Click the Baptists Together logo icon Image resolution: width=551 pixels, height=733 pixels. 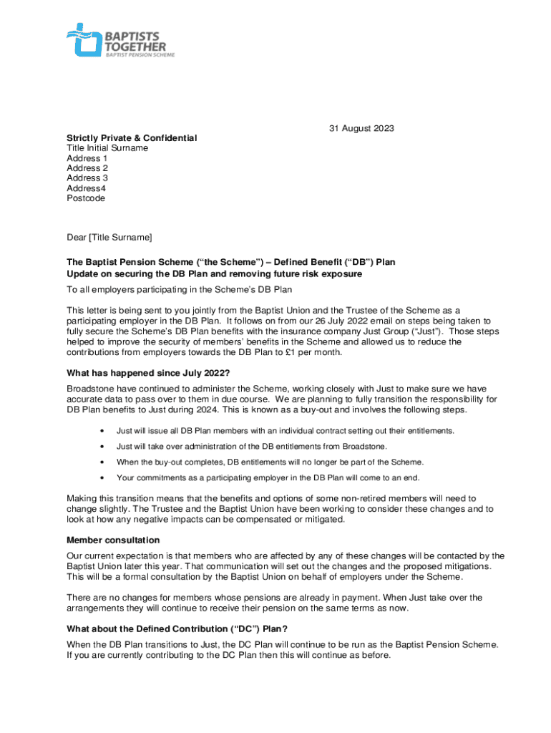[84, 39]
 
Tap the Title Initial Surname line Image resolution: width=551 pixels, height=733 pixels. [107, 148]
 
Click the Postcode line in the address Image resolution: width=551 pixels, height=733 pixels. [86, 198]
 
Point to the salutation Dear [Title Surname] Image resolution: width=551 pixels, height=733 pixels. [109, 237]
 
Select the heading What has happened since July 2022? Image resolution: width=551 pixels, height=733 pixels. [148, 373]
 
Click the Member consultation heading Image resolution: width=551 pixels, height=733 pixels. [113, 540]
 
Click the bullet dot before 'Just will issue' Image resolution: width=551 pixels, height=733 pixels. [104, 431]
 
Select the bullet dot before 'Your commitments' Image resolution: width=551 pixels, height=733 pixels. [104, 477]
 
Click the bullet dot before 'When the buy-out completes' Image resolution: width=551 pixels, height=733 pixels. [104, 462]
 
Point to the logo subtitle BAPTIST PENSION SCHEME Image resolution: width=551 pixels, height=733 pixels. [140, 54]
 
